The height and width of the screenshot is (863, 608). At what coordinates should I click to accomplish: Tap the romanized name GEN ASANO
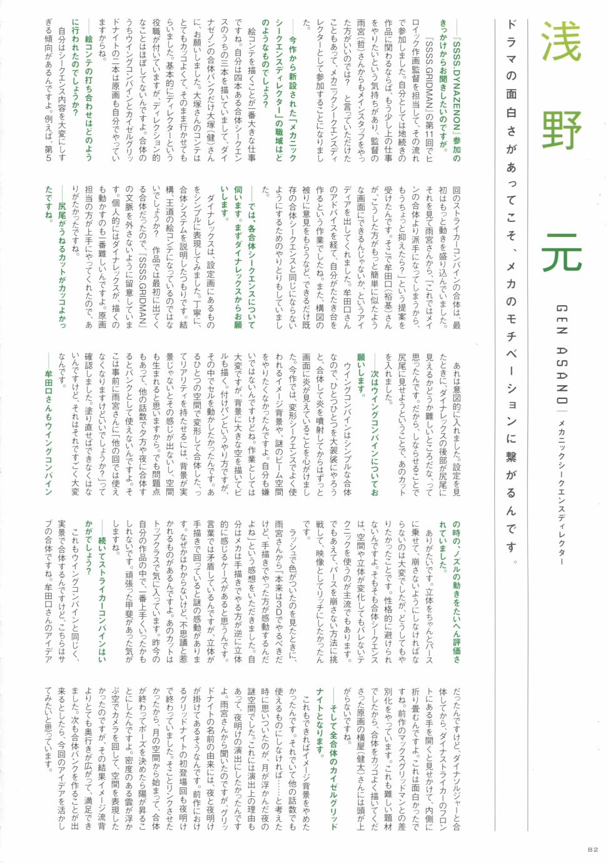coord(561,356)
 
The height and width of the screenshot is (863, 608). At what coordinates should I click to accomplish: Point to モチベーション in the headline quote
coord(511,369)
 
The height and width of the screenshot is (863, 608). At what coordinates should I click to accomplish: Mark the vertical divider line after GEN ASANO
coord(561,413)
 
